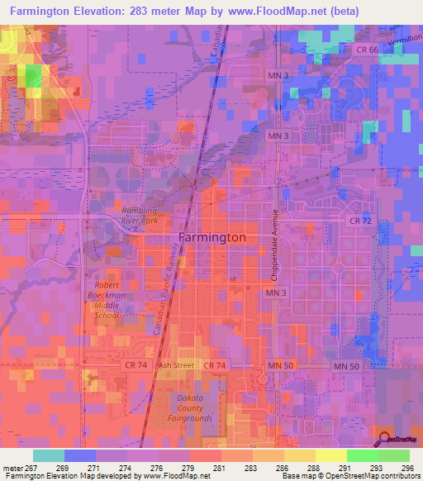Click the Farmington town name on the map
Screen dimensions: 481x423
tap(212, 237)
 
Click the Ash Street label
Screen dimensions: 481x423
tap(175, 365)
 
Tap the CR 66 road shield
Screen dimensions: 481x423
tap(368, 50)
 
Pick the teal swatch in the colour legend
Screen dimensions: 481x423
tap(49, 455)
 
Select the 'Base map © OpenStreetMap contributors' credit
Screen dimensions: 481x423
tap(352, 476)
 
